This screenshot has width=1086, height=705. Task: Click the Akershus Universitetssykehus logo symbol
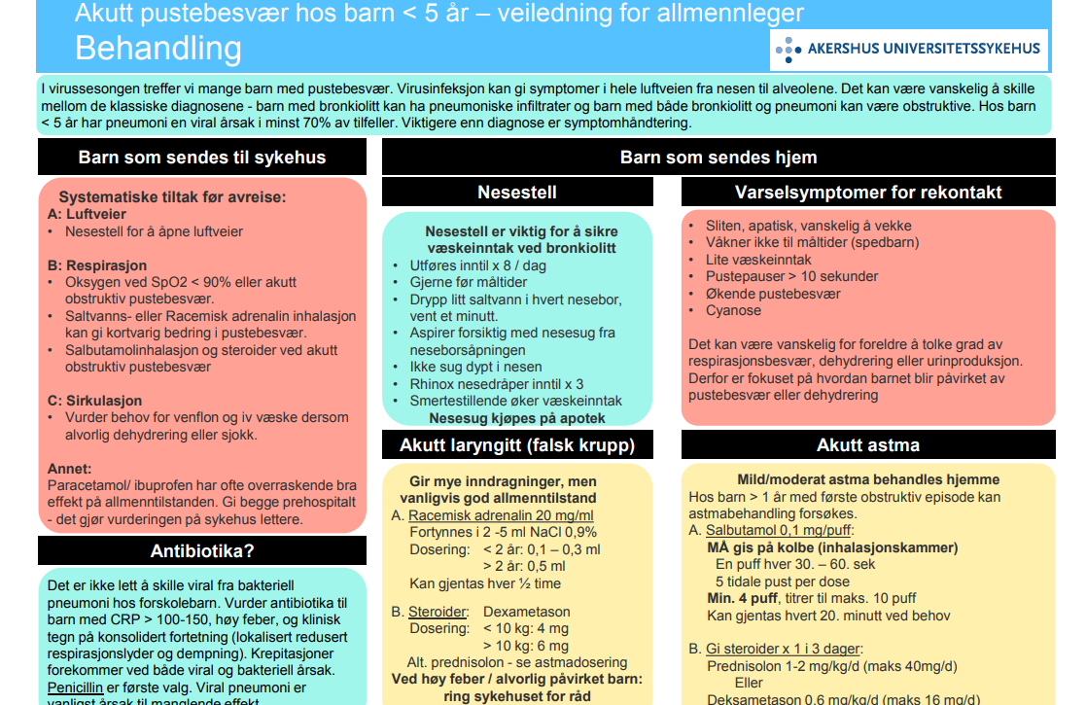(x=788, y=48)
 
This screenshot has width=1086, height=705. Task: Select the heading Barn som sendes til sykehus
(x=202, y=157)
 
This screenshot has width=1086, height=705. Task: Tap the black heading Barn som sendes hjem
(x=718, y=157)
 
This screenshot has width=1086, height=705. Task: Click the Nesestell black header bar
(x=517, y=192)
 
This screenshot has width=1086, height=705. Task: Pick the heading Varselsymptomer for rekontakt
(x=868, y=192)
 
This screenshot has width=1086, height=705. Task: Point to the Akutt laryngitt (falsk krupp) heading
(x=517, y=445)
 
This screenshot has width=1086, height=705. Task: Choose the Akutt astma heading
(x=868, y=445)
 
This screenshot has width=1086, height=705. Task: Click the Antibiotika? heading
(x=202, y=551)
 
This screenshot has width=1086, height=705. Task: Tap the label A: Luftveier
(x=87, y=214)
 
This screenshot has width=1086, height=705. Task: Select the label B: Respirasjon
(x=97, y=264)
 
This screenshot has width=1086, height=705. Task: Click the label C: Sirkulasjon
(x=94, y=400)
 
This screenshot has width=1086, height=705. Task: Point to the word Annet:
(x=69, y=468)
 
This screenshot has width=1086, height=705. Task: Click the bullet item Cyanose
(x=733, y=310)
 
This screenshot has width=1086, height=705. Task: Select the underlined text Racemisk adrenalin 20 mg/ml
(x=501, y=515)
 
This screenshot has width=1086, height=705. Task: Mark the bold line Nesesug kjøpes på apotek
(x=517, y=418)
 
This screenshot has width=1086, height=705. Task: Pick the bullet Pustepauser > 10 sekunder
(x=792, y=276)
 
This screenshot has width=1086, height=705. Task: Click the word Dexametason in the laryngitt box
(x=526, y=612)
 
